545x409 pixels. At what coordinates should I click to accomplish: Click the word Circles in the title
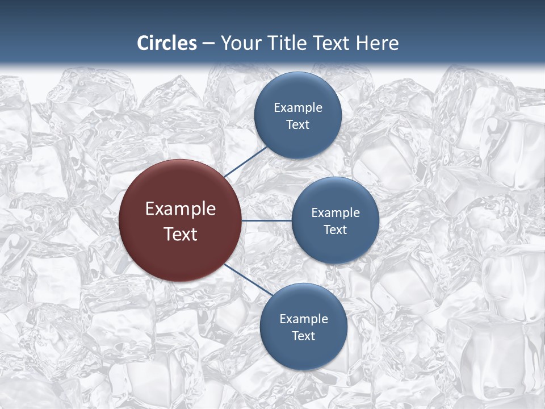click(x=167, y=43)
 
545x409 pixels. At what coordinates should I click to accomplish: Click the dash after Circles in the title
click(x=208, y=44)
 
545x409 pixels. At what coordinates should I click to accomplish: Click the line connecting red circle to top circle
click(x=246, y=161)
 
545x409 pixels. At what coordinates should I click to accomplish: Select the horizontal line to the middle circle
click(x=266, y=220)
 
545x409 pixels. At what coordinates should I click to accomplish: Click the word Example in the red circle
click(x=181, y=209)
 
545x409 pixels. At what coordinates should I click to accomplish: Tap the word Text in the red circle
click(x=181, y=234)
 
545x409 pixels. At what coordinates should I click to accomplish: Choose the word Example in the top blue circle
click(x=298, y=108)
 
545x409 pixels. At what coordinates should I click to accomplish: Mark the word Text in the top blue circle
click(x=297, y=125)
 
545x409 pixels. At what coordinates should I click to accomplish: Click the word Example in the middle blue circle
click(x=336, y=213)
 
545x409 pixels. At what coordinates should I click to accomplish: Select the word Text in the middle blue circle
click(x=335, y=230)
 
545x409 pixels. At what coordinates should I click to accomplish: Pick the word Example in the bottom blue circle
click(x=304, y=319)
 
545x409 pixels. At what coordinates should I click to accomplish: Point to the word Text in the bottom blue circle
click(x=303, y=336)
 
